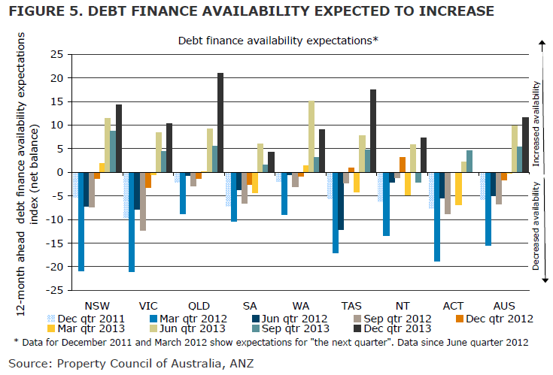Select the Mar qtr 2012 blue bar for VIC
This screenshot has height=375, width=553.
[x=132, y=222]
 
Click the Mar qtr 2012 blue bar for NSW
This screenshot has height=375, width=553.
[x=81, y=221]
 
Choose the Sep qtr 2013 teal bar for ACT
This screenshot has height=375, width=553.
[x=469, y=162]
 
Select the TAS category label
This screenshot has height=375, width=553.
[x=352, y=306]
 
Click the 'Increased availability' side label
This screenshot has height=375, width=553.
[x=536, y=115]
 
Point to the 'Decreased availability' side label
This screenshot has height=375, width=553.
[x=536, y=225]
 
